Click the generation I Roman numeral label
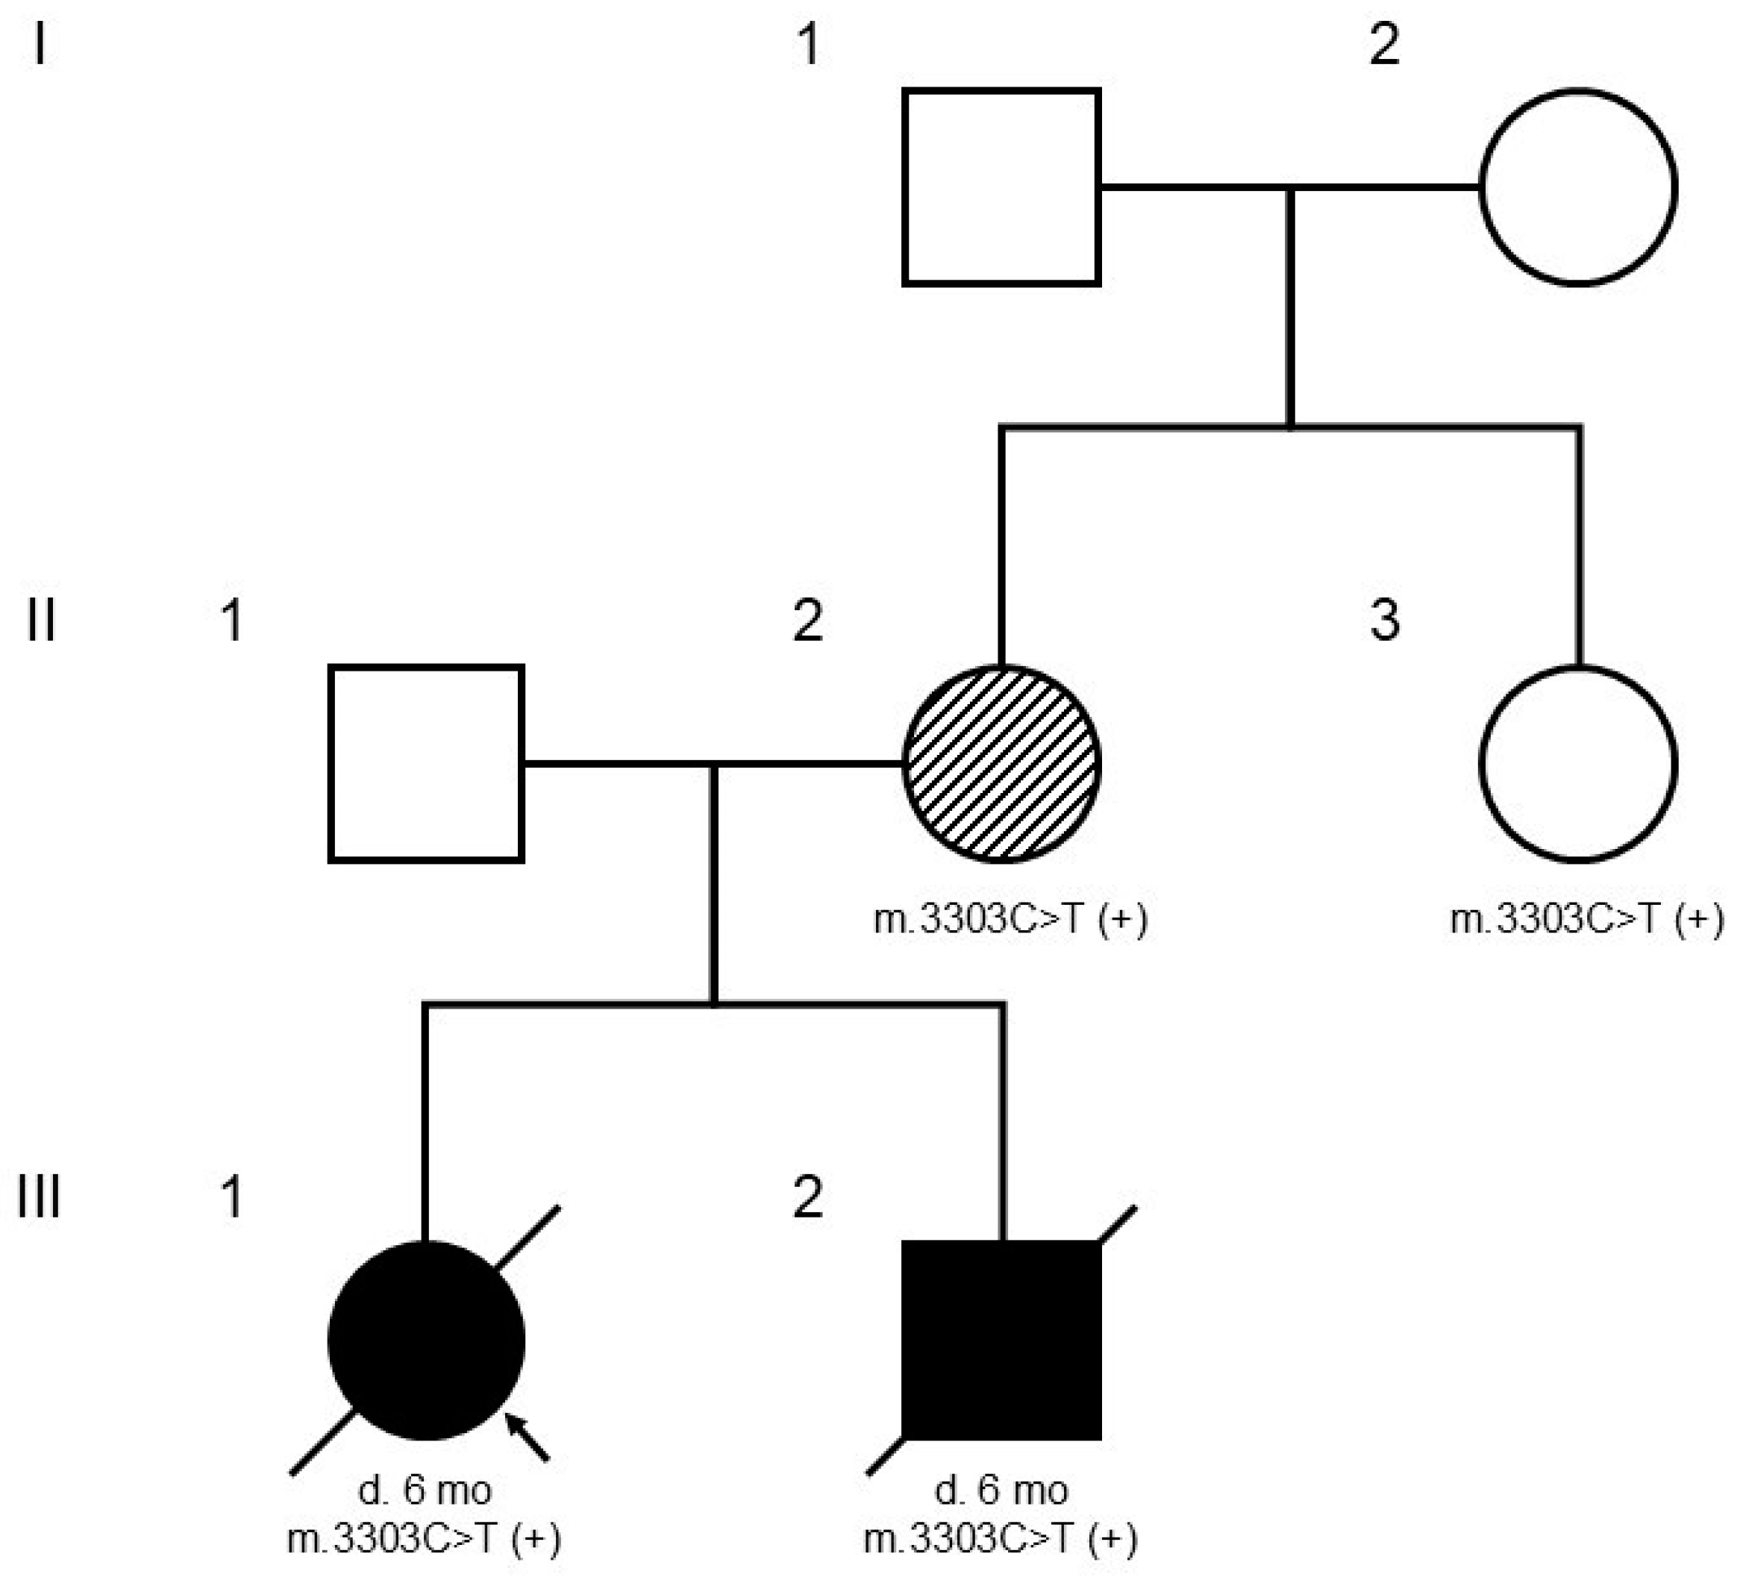[40, 45]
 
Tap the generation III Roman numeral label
[40, 1197]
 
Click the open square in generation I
[1001, 186]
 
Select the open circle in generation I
[1579, 186]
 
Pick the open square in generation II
[426, 763]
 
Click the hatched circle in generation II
[1001, 763]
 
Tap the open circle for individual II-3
[1579, 763]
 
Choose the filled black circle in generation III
[426, 1341]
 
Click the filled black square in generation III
[1001, 1341]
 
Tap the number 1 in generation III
[231, 1197]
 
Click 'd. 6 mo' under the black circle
[425, 1490]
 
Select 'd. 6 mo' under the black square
[1001, 1490]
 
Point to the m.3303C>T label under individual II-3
[1586, 920]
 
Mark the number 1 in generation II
[231, 621]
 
